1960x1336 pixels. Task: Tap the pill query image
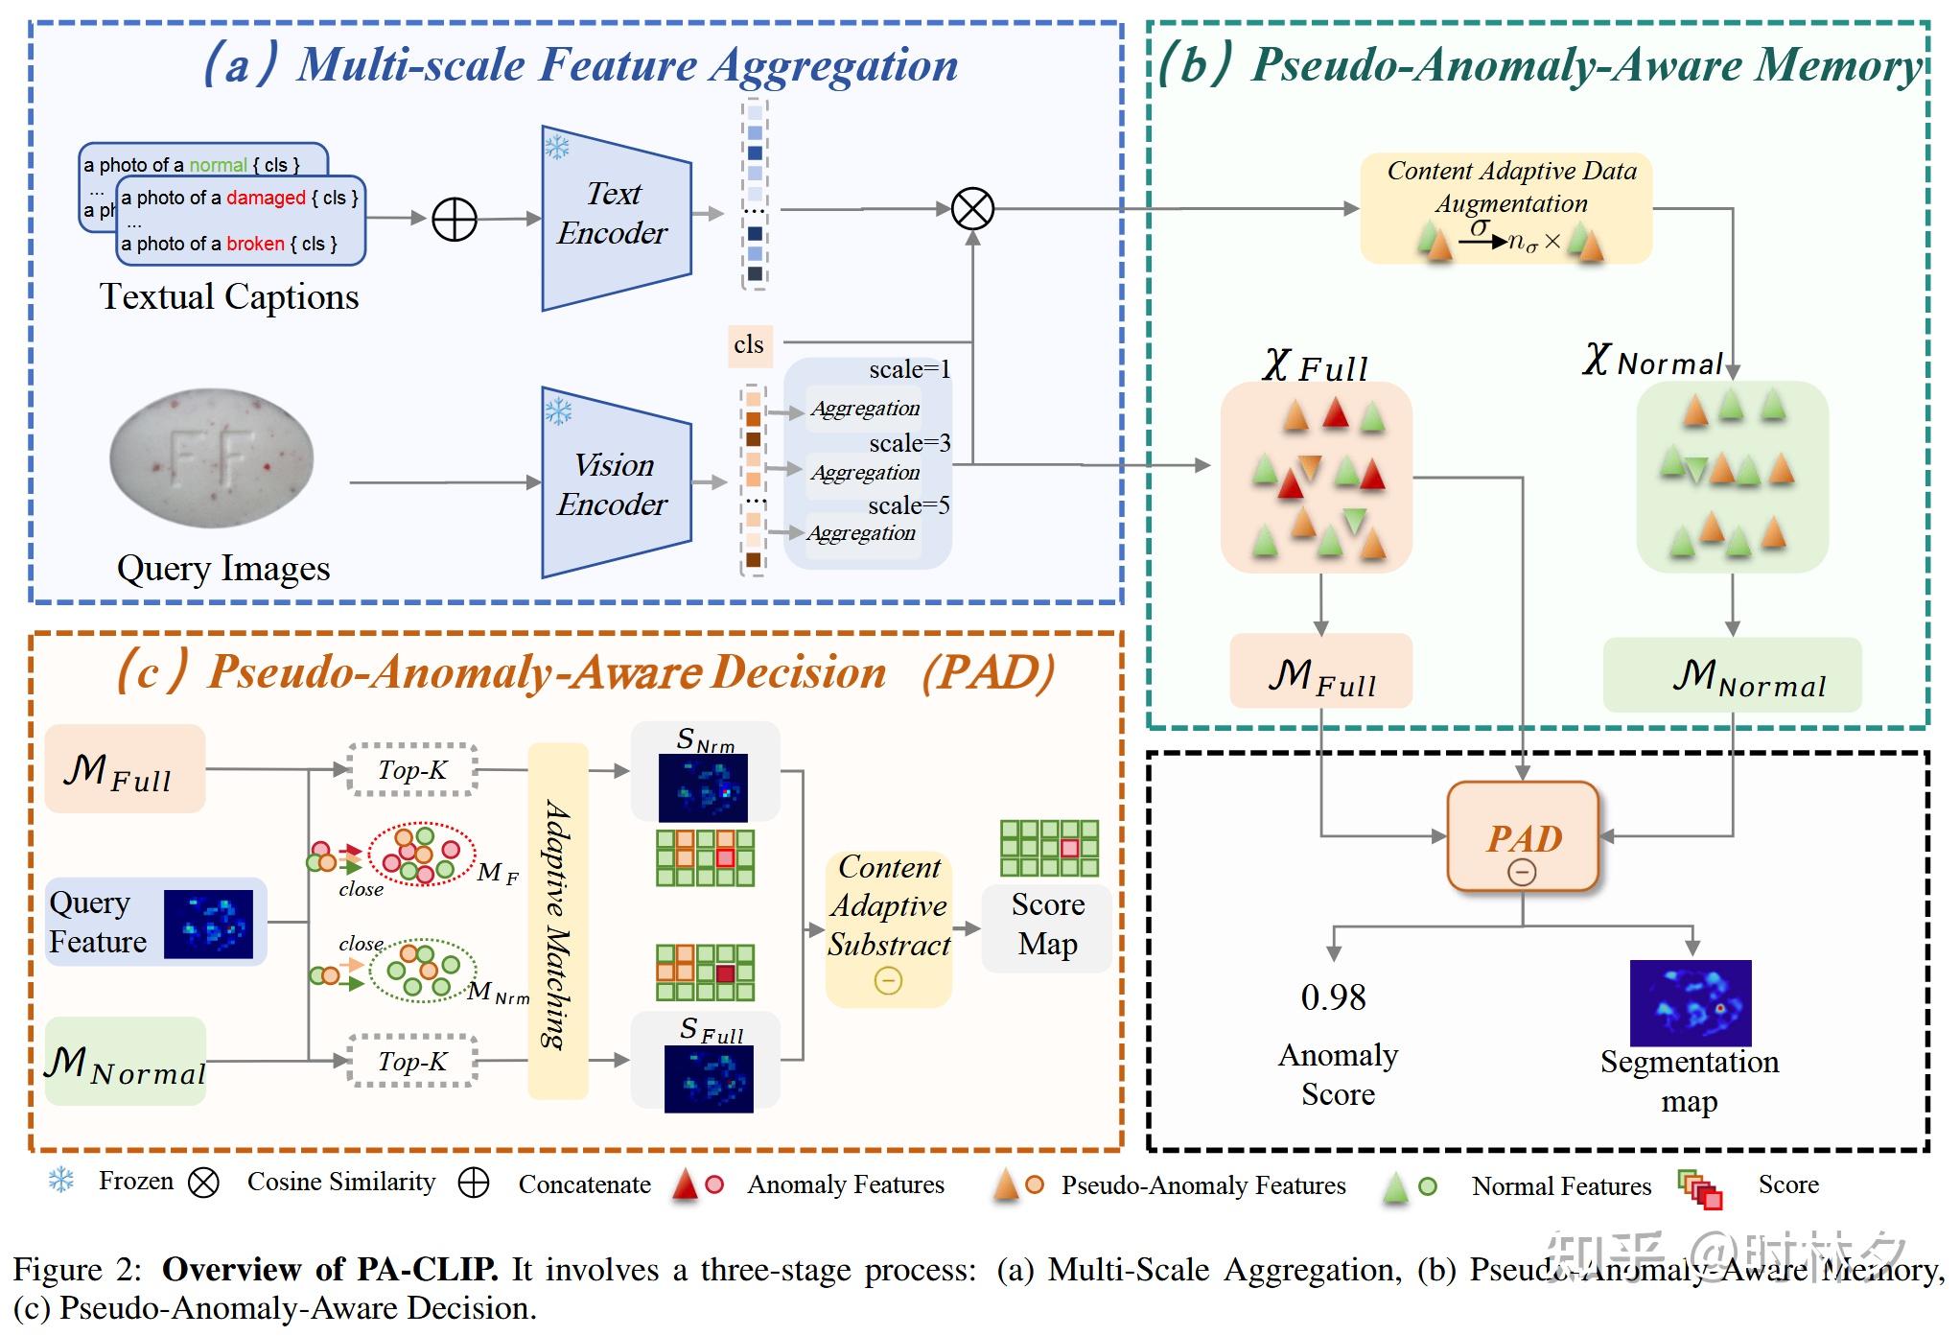click(x=212, y=458)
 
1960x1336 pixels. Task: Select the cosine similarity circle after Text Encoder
click(x=972, y=208)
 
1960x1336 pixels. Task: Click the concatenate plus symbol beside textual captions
click(x=455, y=220)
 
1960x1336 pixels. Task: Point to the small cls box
click(x=749, y=344)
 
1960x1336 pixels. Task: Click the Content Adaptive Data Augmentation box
click(x=1506, y=207)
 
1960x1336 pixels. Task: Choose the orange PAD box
click(x=1523, y=836)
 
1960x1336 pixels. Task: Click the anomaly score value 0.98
click(x=1333, y=997)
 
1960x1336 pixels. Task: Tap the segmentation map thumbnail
click(x=1691, y=1001)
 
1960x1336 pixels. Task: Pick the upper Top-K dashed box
click(x=412, y=769)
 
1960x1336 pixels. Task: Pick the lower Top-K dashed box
click(x=412, y=1061)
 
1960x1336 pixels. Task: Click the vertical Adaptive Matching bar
click(x=557, y=921)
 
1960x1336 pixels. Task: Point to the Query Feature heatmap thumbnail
click(x=208, y=924)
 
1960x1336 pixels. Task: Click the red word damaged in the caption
click(x=266, y=199)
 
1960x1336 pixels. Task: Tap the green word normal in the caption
click(x=218, y=165)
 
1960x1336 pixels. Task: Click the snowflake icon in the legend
click(x=61, y=1181)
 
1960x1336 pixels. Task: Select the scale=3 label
click(x=909, y=443)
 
